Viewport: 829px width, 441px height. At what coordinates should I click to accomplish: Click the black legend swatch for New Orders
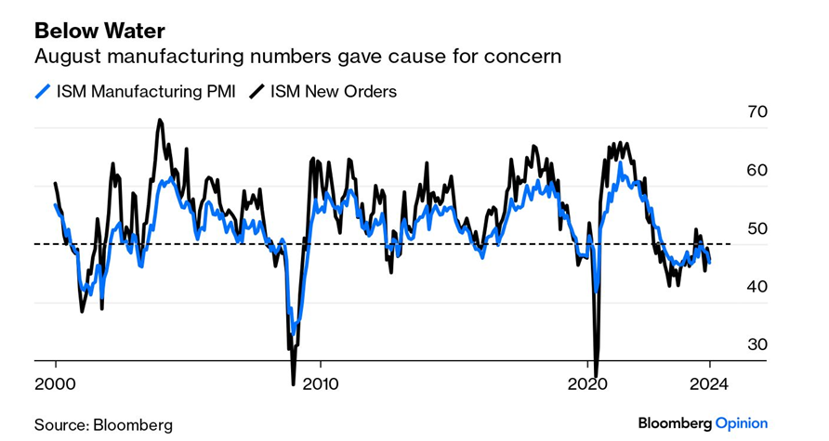[x=255, y=91]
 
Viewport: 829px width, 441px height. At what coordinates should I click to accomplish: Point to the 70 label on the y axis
[x=757, y=112]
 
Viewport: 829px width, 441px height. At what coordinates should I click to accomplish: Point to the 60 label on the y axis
[x=757, y=171]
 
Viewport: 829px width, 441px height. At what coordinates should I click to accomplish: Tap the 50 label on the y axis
[x=757, y=228]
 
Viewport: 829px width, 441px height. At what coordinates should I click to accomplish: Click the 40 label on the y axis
[x=757, y=287]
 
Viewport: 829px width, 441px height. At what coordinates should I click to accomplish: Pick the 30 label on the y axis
[x=757, y=344]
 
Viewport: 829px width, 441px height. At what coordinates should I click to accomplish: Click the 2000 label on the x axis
[x=55, y=383]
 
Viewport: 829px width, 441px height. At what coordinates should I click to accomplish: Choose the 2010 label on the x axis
[x=320, y=383]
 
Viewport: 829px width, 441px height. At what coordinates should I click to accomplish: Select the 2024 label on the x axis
[x=710, y=383]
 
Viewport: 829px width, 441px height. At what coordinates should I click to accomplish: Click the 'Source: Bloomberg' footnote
[x=103, y=424]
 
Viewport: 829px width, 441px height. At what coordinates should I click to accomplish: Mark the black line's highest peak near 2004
[x=159, y=120]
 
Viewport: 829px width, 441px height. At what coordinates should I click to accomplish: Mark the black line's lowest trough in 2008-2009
[x=294, y=382]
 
